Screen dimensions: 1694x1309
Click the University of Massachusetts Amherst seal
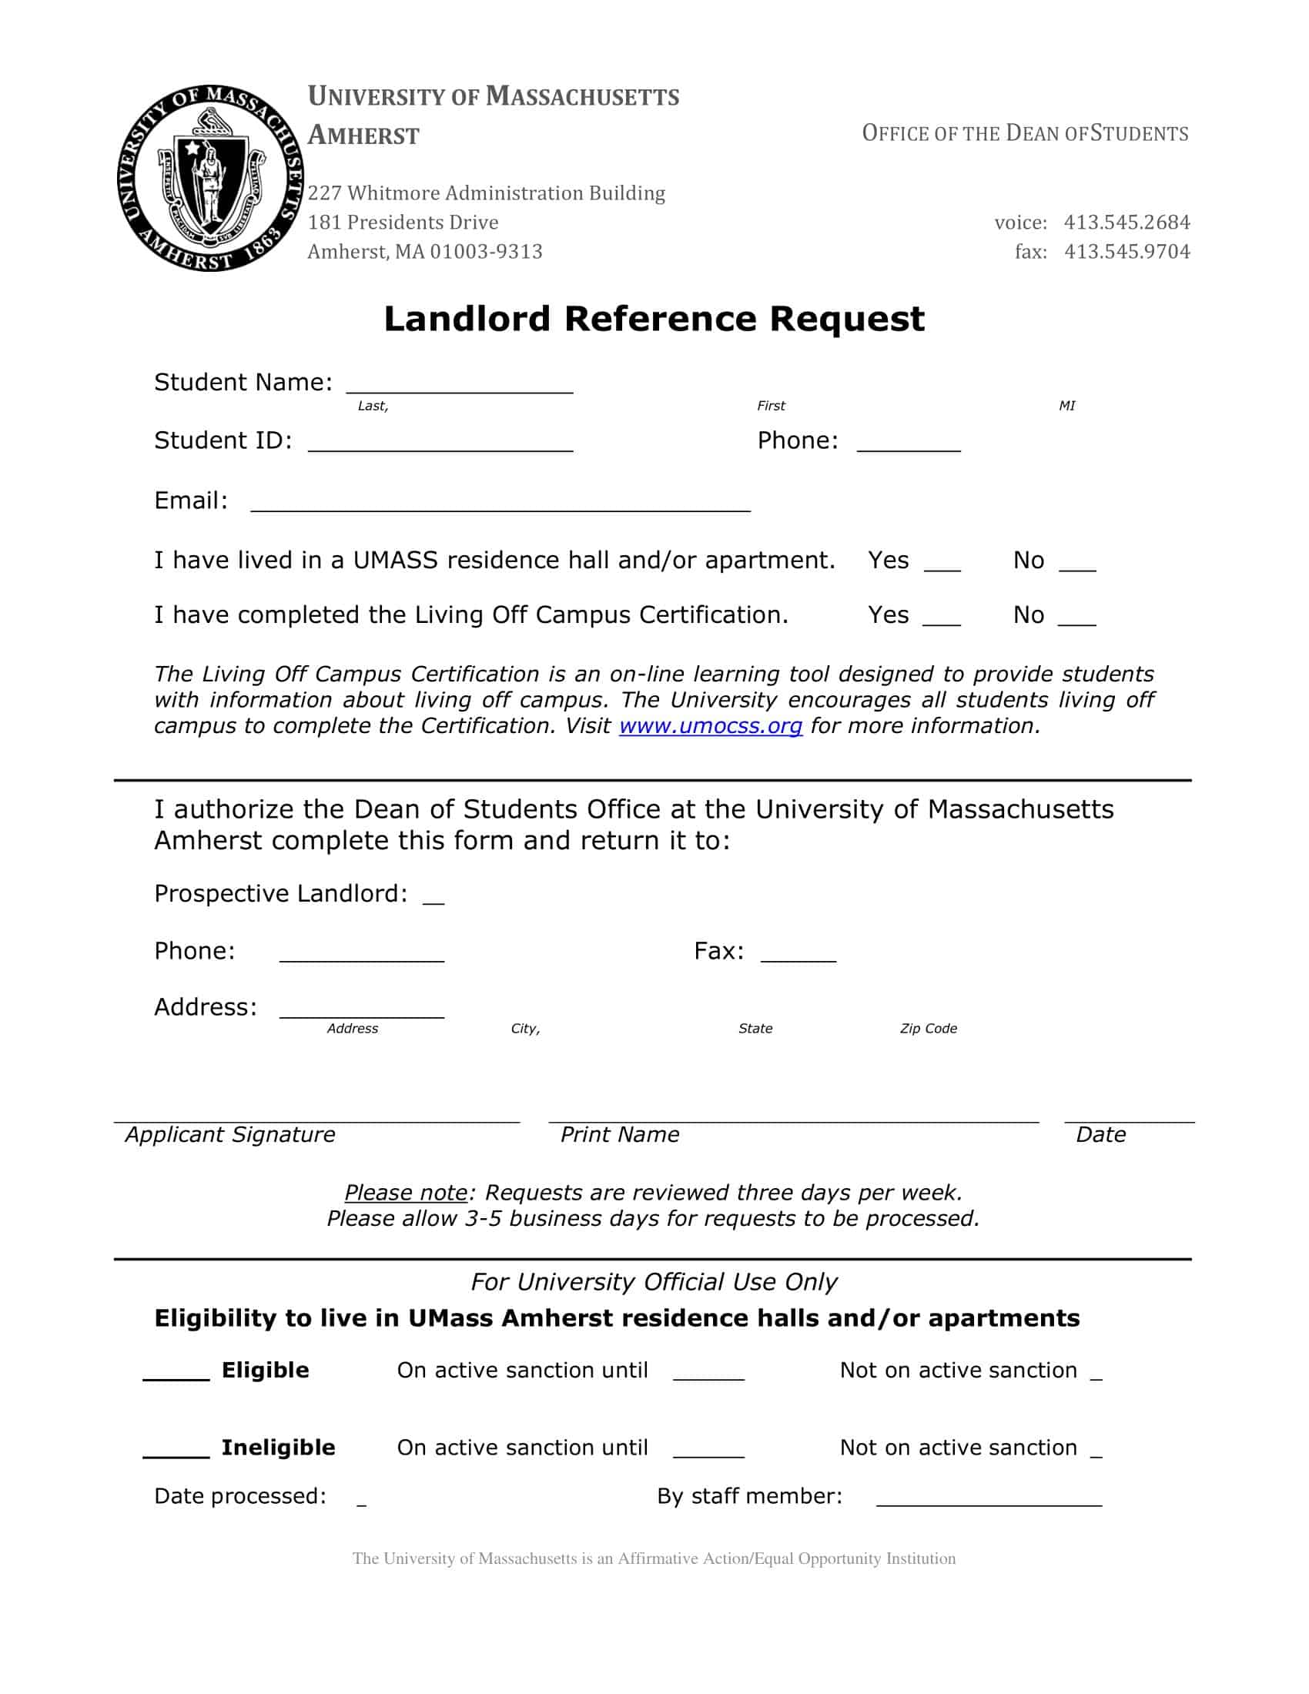tap(209, 179)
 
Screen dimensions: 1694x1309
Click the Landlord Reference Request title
tap(654, 319)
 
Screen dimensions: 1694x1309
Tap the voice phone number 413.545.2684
tap(1126, 223)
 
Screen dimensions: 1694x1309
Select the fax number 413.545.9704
tap(1126, 251)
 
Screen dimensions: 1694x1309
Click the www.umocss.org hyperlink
tap(710, 726)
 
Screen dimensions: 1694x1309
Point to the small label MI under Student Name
tap(1066, 406)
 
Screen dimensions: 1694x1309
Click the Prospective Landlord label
tap(280, 893)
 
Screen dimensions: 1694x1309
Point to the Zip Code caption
tap(928, 1029)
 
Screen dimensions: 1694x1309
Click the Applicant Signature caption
tap(230, 1135)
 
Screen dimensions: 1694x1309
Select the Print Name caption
tap(619, 1135)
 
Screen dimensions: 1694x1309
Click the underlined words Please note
tap(406, 1192)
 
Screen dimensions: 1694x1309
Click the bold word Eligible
tap(265, 1371)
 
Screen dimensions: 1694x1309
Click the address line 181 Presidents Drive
tap(403, 223)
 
